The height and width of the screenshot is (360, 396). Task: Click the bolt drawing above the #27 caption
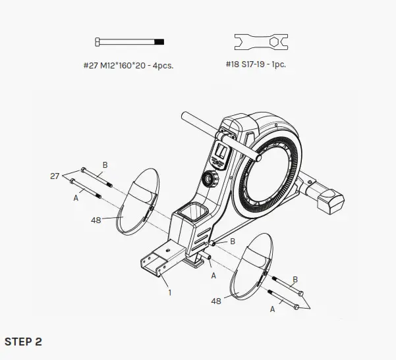(x=130, y=42)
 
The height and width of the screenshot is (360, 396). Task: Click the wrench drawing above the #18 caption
(x=260, y=42)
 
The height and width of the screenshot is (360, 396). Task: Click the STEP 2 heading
(x=23, y=342)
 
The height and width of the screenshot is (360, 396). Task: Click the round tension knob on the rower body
(x=210, y=179)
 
